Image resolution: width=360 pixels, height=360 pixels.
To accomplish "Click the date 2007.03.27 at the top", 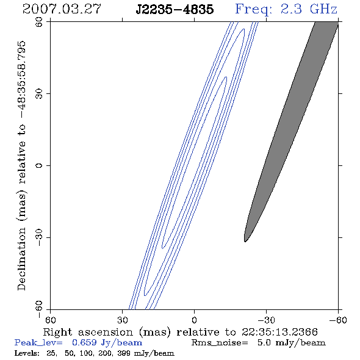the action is [x=62, y=9].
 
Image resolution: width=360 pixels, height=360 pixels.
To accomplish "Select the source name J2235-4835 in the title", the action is [x=175, y=9].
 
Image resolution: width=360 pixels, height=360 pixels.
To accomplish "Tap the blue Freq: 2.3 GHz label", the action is [x=286, y=9].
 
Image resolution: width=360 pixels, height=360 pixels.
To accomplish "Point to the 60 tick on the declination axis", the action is [x=39, y=22].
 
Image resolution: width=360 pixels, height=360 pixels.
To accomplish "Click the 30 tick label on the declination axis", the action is [x=39, y=94].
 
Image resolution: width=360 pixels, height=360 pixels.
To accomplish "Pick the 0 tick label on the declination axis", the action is [x=39, y=165].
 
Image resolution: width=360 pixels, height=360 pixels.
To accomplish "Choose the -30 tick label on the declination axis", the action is [x=39, y=237].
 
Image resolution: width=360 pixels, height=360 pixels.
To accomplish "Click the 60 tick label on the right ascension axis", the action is [x=50, y=320].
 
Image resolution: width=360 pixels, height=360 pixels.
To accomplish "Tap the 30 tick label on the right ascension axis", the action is [x=122, y=320].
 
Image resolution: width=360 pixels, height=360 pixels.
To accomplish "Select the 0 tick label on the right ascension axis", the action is [x=194, y=320].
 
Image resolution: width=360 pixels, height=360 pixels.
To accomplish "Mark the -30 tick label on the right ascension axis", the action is [x=266, y=320].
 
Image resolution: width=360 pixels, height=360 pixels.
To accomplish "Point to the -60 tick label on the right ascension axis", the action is [x=338, y=320].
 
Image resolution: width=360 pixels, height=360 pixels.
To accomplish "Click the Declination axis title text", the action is [x=22, y=165].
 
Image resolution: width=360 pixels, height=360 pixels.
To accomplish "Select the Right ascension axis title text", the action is [x=181, y=332].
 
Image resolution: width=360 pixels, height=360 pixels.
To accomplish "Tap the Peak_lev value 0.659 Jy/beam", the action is [x=107, y=342].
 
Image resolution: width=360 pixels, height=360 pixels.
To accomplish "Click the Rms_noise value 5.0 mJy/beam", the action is [x=291, y=342].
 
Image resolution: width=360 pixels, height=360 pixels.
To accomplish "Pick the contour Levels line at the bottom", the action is [x=94, y=353].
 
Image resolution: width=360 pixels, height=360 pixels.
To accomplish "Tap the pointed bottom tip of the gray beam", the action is [x=245, y=242].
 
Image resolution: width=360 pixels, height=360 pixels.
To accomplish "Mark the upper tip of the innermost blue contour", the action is [x=226, y=77].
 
